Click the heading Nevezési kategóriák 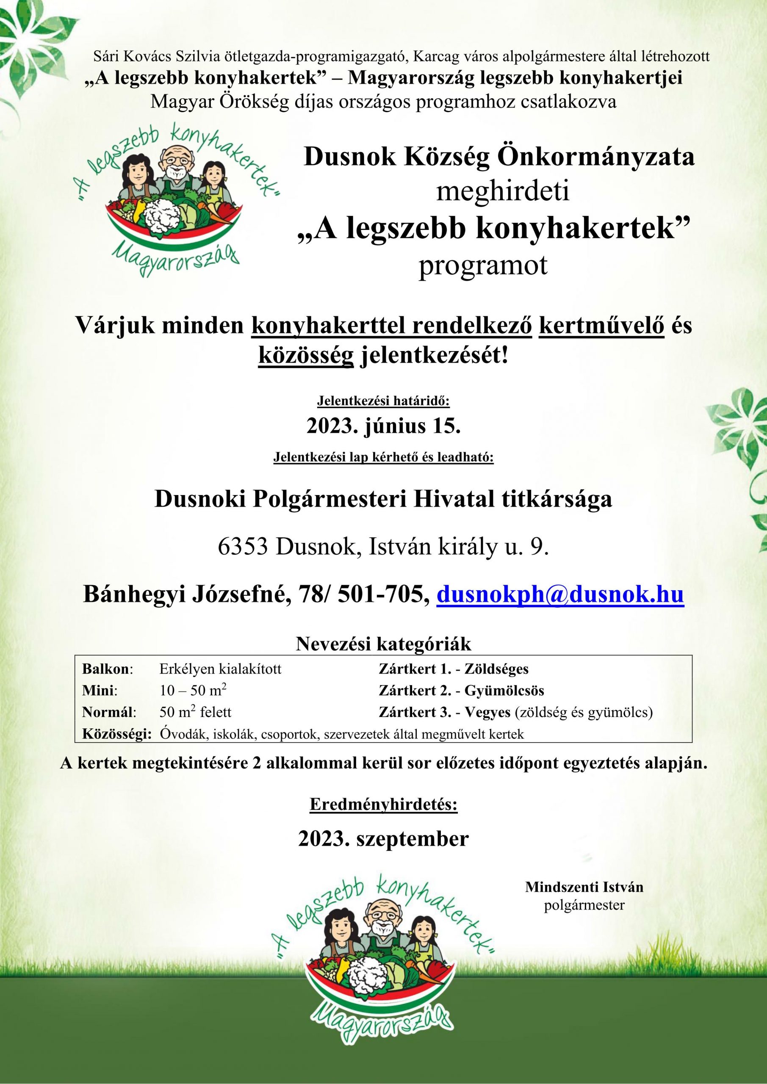point(384,644)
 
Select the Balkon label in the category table point(107,669)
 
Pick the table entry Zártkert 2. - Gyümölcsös point(461,691)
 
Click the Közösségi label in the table point(116,734)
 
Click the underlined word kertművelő point(602,327)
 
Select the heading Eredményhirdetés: point(384,805)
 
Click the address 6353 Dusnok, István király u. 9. point(384,547)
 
